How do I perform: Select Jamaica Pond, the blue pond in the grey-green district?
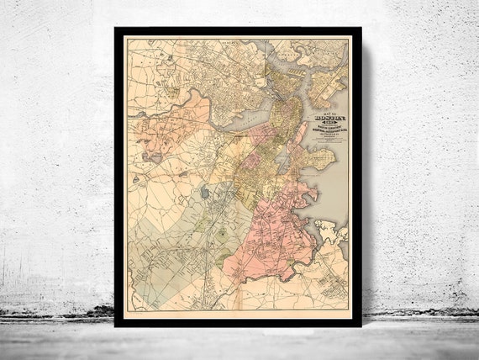pyautogui.click(x=204, y=193)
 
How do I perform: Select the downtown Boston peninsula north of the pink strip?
pyautogui.click(x=282, y=118)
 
